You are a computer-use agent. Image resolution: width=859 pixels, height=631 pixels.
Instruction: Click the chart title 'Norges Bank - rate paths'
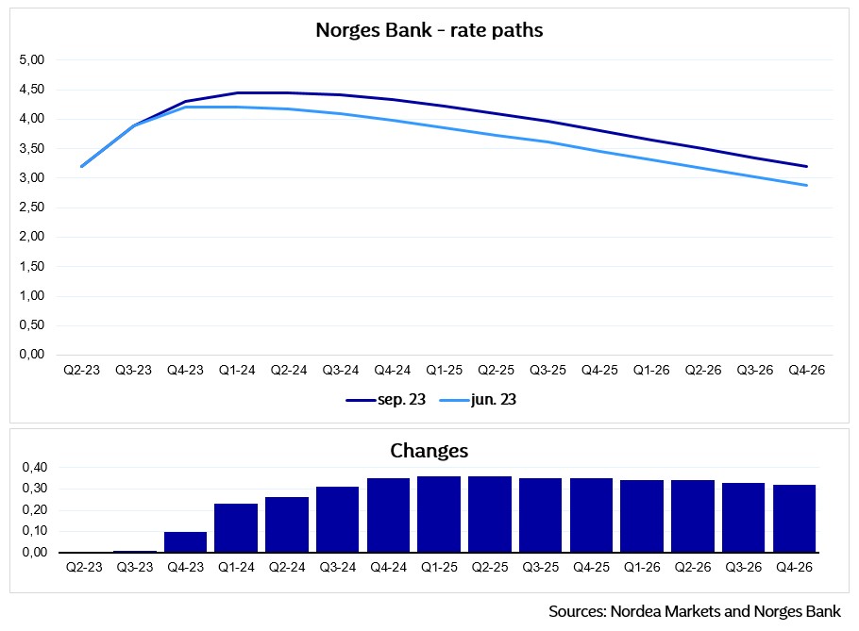tap(429, 30)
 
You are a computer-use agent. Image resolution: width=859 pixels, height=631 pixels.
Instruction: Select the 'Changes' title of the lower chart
tap(429, 451)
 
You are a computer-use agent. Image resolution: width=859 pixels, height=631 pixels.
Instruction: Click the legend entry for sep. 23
tap(386, 400)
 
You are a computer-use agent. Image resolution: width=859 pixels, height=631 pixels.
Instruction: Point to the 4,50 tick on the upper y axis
tap(32, 90)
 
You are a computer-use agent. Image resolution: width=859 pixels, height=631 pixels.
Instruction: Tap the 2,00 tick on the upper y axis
tap(32, 237)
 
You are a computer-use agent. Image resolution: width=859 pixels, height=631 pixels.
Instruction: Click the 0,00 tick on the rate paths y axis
tap(32, 355)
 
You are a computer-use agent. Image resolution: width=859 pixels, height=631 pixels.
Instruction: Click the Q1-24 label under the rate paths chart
tap(235, 371)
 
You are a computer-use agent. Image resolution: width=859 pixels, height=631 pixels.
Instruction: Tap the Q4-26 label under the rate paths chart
tap(807, 371)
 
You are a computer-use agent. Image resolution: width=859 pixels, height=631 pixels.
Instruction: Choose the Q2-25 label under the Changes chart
tap(490, 568)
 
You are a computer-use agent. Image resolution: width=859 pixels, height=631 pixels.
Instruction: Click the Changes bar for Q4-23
tap(185, 542)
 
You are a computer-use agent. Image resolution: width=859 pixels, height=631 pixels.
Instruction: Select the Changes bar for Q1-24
tap(236, 528)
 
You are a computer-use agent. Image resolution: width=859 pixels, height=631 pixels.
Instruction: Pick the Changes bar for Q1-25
tap(439, 515)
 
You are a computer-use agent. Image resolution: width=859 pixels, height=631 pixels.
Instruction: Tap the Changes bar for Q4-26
tap(794, 519)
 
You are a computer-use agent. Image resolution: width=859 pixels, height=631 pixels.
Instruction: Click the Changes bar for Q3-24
tap(337, 520)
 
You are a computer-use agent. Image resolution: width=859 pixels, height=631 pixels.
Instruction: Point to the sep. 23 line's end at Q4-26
tap(807, 166)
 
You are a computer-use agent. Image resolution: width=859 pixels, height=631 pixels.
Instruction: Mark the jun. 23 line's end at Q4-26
tap(807, 185)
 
